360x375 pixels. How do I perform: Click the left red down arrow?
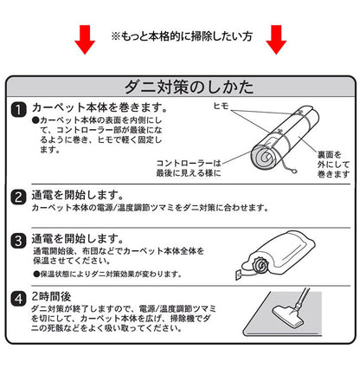coord(84,38)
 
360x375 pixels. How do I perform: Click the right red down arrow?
coord(276,38)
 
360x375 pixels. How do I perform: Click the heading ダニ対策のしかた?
coord(179,87)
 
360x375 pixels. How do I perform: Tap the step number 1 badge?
coord(18,110)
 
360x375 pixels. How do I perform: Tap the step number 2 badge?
coord(18,197)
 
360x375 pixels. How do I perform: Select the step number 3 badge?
coord(18,239)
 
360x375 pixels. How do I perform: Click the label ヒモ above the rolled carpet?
coord(221,105)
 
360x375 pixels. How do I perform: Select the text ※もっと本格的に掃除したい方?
coord(180,38)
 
